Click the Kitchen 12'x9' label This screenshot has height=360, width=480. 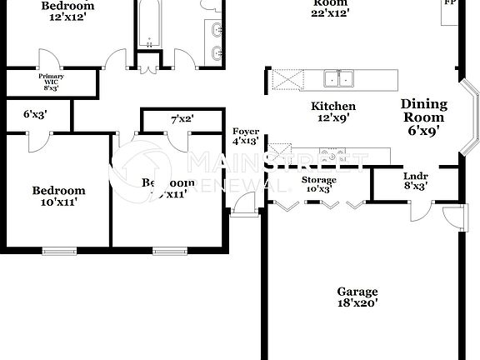(x=333, y=112)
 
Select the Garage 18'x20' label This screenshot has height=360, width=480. (x=357, y=297)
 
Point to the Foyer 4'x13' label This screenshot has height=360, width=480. (x=246, y=137)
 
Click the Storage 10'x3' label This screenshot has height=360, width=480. (x=318, y=184)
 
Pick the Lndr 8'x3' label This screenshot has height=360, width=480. (x=414, y=181)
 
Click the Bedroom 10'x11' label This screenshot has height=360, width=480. (x=58, y=196)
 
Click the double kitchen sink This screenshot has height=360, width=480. (x=338, y=79)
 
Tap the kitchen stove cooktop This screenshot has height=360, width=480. (x=338, y=153)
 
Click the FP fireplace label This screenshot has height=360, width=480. (x=450, y=3)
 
